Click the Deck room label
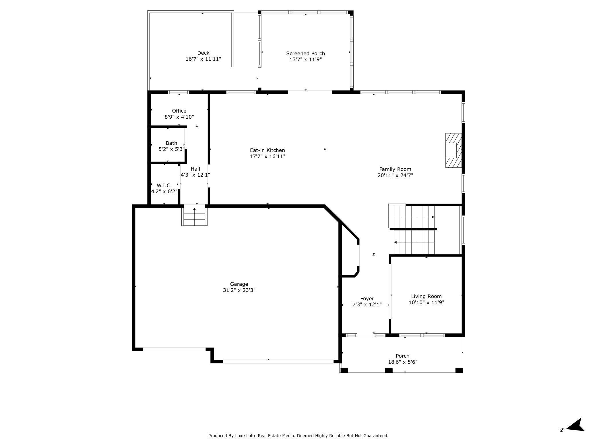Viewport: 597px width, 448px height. pyautogui.click(x=203, y=53)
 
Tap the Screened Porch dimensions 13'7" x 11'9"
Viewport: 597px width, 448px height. pyautogui.click(x=306, y=59)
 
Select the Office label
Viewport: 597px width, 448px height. pyautogui.click(x=179, y=111)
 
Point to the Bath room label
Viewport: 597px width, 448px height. pyautogui.click(x=171, y=143)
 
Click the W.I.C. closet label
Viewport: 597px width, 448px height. pyautogui.click(x=164, y=186)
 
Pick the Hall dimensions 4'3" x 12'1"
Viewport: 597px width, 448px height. pyautogui.click(x=195, y=175)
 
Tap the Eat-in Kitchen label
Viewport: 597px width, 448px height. pyautogui.click(x=268, y=150)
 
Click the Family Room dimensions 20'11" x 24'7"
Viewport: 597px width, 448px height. pyautogui.click(x=395, y=175)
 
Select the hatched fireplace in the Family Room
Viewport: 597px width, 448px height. pyautogui.click(x=453, y=150)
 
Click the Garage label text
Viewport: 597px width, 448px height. pyautogui.click(x=239, y=284)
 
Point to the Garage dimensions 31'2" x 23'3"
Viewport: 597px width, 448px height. pyautogui.click(x=239, y=290)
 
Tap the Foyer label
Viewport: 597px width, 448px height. pyautogui.click(x=367, y=299)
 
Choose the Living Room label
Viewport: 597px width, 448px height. pyautogui.click(x=426, y=296)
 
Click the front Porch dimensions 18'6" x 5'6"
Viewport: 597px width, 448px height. pyautogui.click(x=403, y=362)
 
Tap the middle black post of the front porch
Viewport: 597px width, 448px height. pyautogui.click(x=389, y=370)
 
